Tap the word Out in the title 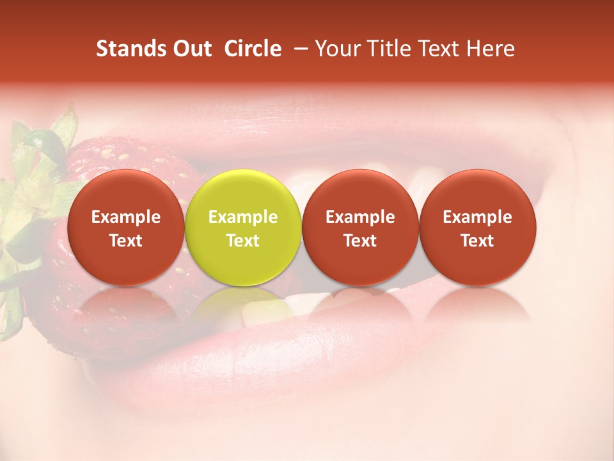tap(190, 49)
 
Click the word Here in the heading tap(490, 49)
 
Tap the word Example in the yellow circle tap(243, 217)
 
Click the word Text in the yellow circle tap(243, 241)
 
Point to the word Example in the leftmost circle tap(125, 217)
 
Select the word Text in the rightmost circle tap(478, 241)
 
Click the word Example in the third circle tap(360, 217)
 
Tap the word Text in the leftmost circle tap(125, 241)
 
